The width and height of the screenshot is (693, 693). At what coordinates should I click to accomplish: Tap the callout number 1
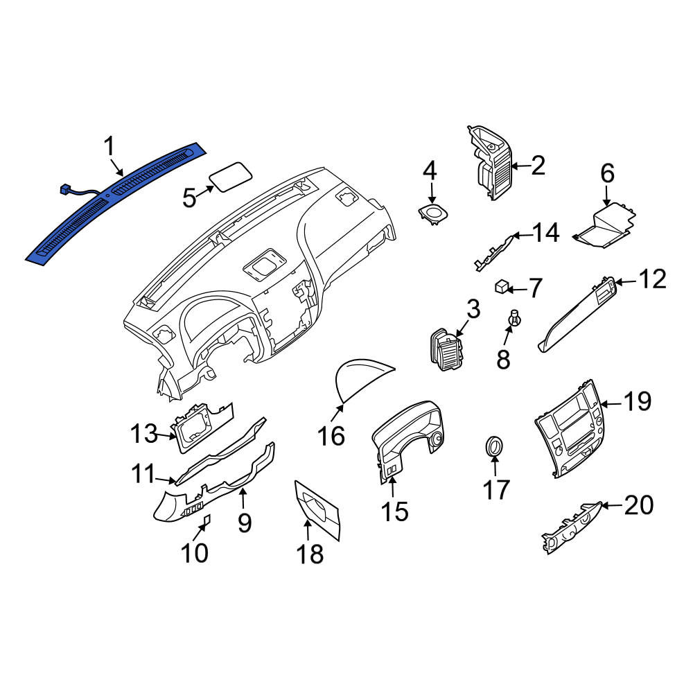click(109, 146)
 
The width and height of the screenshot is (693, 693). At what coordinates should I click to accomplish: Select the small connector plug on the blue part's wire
click(66, 190)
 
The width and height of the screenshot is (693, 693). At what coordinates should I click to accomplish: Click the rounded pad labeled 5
click(230, 177)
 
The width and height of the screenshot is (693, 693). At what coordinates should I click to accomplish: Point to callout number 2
click(538, 166)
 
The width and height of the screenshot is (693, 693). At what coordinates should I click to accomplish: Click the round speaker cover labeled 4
click(432, 214)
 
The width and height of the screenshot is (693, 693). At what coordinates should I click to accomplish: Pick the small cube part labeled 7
click(501, 286)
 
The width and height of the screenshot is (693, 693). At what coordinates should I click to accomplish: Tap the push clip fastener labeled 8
click(514, 317)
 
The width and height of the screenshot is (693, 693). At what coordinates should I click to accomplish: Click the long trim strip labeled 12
click(577, 314)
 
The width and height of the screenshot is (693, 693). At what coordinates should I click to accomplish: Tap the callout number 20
click(639, 505)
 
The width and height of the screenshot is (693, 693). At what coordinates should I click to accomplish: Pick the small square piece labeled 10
click(206, 522)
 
